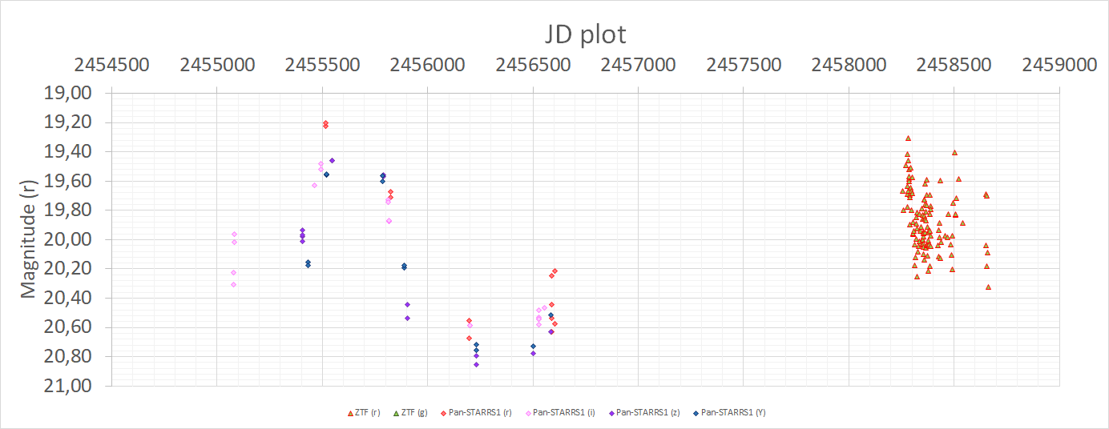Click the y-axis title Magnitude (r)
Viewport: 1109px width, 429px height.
[28, 238]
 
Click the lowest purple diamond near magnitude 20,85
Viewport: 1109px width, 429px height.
[476, 364]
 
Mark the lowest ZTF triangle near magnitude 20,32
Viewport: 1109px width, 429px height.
[988, 286]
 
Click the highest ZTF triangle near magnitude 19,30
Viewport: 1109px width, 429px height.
[908, 138]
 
